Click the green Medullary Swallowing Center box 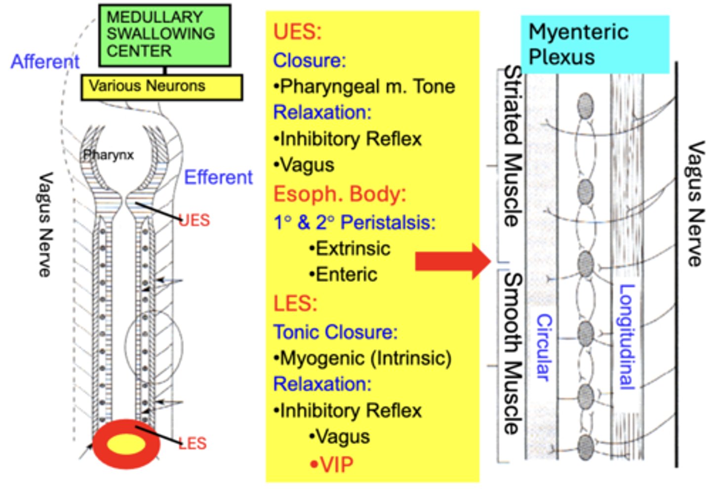[164, 35]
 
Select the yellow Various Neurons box [161, 87]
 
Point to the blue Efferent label [218, 177]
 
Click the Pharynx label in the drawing [108, 155]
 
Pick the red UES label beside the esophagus [195, 220]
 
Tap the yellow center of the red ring [126, 444]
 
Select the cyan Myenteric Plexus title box [594, 44]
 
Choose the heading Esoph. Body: [340, 194]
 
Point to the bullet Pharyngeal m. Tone [364, 86]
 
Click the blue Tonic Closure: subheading [335, 332]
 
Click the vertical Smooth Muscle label [513, 354]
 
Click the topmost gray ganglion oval [586, 106]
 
